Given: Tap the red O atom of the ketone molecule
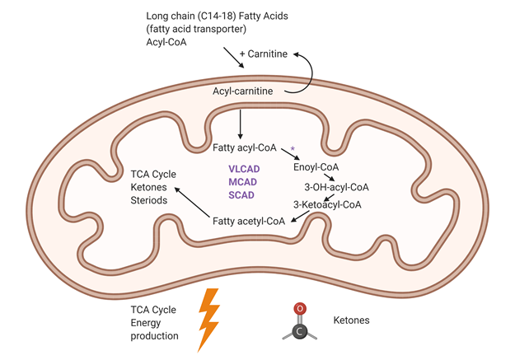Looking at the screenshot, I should (x=302, y=309).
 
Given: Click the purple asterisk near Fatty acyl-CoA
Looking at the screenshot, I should (x=292, y=149).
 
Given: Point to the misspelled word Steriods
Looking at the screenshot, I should (x=151, y=199).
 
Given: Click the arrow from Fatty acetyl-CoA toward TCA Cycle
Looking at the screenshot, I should (x=193, y=203).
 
